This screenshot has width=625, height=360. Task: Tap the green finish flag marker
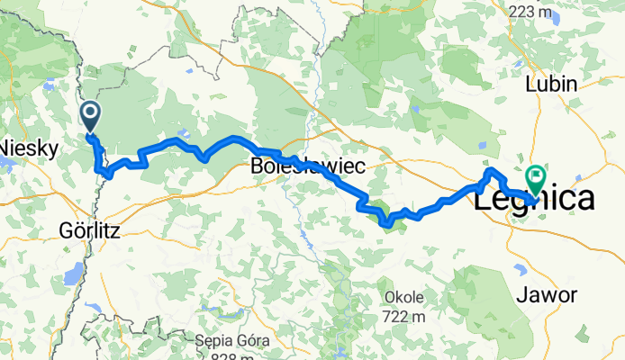[536, 179]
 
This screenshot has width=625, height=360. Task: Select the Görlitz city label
[89, 229]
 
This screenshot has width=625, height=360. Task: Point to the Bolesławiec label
[293, 166]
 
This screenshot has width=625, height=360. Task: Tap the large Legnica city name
[534, 199]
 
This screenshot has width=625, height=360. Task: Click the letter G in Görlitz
[63, 229]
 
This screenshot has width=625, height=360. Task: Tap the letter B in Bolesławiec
[256, 166]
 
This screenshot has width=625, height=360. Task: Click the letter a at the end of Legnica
[583, 199]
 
